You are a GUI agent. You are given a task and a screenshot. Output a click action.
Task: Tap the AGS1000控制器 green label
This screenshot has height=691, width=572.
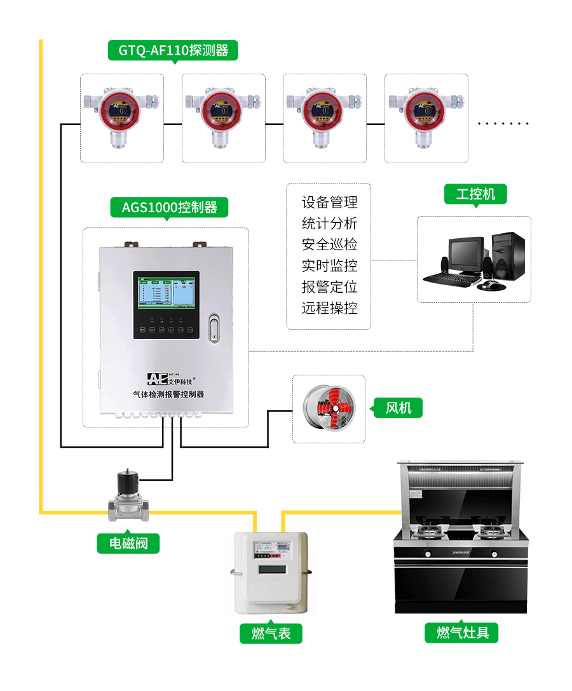170,207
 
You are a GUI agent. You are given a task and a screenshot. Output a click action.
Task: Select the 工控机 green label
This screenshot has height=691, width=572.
475,194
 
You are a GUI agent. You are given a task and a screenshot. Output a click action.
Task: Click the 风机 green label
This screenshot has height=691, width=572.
398,407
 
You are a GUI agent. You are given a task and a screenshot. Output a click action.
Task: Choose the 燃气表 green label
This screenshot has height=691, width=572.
271,633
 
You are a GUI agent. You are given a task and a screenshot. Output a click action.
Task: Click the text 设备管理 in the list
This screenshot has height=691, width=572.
329,203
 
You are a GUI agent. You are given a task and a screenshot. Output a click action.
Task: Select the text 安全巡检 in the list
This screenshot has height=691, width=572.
329,245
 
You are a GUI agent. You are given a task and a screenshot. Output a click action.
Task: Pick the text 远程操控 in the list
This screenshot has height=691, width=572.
329,308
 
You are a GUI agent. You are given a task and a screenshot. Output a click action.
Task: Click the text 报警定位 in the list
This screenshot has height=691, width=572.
329,287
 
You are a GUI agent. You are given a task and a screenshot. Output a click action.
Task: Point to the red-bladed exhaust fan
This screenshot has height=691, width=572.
328,408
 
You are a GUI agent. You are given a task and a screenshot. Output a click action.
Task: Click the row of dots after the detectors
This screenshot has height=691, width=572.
503,124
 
